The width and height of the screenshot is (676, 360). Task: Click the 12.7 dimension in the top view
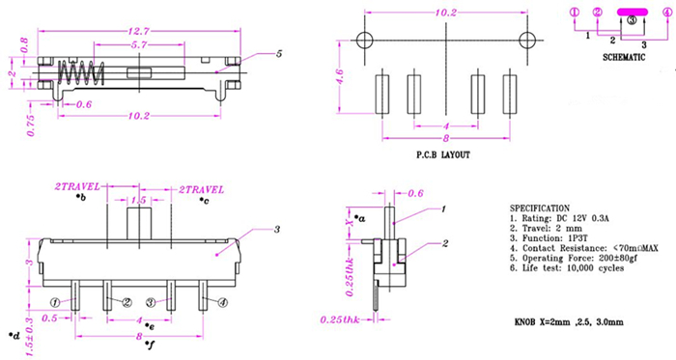pyautogui.click(x=138, y=32)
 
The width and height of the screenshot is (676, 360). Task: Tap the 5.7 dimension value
pyautogui.click(x=139, y=44)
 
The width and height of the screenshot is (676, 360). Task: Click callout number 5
pyautogui.click(x=279, y=54)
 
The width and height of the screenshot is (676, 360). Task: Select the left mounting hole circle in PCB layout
pyautogui.click(x=365, y=41)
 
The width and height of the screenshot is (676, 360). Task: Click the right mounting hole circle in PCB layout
pyautogui.click(x=527, y=41)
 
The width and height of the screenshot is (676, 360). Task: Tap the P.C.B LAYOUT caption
pyautogui.click(x=443, y=154)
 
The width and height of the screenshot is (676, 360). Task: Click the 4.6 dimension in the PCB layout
pyautogui.click(x=339, y=76)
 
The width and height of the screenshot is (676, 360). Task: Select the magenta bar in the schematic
pyautogui.click(x=632, y=12)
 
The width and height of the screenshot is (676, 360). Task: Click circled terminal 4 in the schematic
pyautogui.click(x=667, y=13)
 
